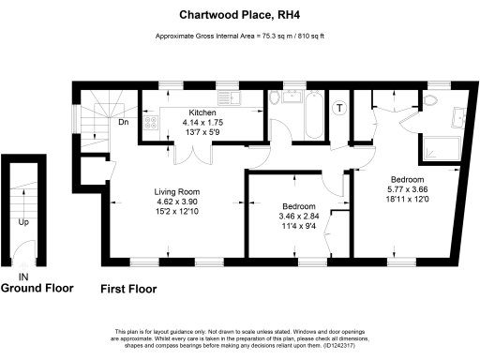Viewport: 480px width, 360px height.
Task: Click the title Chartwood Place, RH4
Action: coord(239,15)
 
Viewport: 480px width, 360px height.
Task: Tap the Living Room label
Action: coord(177,191)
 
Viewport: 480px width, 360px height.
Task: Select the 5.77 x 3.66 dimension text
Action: coord(408,188)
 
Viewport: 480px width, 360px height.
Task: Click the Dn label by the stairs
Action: coord(123,123)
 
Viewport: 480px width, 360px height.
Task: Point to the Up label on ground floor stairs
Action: coord(22,222)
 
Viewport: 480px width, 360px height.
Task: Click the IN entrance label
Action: coord(23,277)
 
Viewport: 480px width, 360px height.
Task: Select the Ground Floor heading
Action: coord(37,289)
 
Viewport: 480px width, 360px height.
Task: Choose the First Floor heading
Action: coord(128,290)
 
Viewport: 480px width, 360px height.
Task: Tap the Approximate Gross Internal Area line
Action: coord(239,37)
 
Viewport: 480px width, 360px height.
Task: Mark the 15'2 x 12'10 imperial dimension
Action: coord(177,210)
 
